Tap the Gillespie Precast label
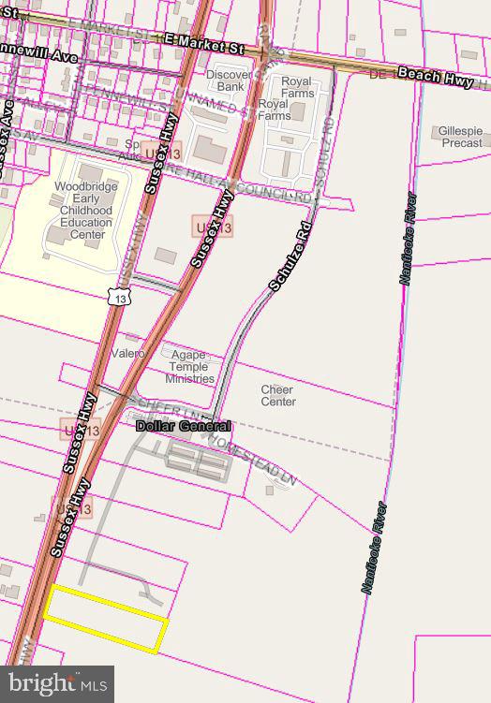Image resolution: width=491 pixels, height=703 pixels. (x=460, y=138)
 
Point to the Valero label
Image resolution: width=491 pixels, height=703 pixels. (x=127, y=354)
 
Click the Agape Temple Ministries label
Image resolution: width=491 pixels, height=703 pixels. (x=189, y=366)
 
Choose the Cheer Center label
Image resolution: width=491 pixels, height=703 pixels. (x=277, y=396)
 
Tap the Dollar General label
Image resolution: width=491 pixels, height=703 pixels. (x=183, y=426)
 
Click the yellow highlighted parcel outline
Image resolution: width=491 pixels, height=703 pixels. (x=105, y=618)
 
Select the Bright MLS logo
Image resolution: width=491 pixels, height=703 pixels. (x=56, y=683)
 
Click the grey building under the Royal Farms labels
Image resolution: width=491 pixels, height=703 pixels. (x=297, y=112)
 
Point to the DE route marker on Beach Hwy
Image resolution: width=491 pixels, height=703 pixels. (x=378, y=72)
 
